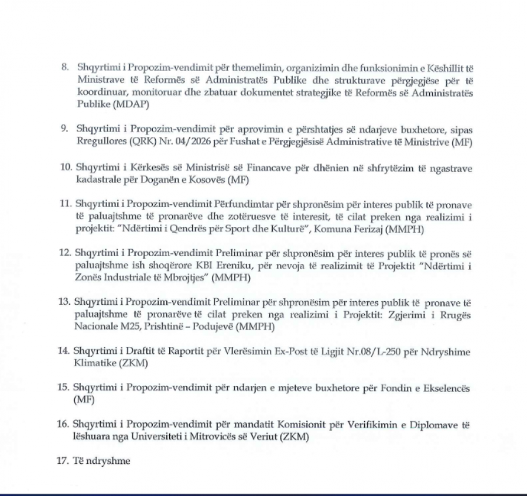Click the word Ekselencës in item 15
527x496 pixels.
(x=442, y=388)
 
